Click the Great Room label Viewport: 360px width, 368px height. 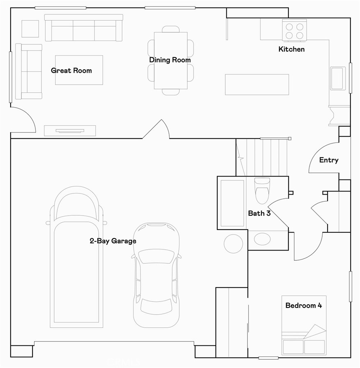point(71,71)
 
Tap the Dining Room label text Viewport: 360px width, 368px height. point(170,60)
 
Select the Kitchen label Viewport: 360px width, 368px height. point(291,49)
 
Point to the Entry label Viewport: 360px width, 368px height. point(329,160)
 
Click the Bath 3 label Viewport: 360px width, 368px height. point(259,214)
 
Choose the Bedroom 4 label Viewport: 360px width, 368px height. point(303,306)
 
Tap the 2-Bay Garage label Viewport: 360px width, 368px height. point(113,241)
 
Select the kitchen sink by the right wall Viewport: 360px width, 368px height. point(337,78)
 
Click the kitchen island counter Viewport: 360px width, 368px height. point(257,84)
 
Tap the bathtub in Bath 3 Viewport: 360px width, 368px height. point(232,203)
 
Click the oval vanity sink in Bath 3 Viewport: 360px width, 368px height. point(262,239)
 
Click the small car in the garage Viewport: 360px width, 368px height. point(156,274)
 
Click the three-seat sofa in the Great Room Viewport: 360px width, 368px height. point(83,28)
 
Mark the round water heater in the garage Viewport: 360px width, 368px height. point(233,243)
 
